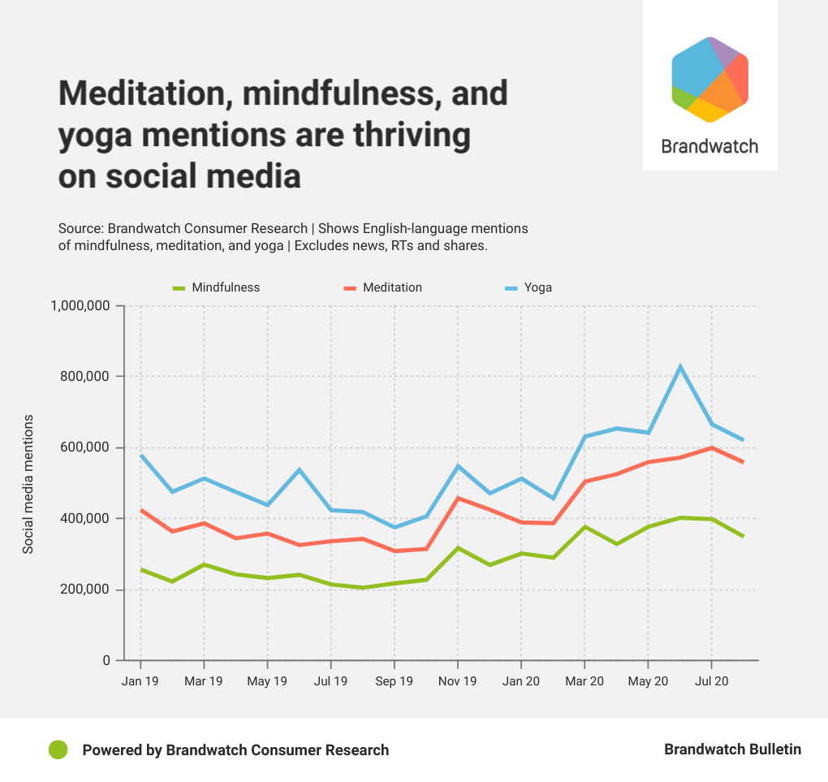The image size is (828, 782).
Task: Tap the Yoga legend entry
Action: coord(537,287)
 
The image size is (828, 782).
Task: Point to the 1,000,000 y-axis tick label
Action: coord(80,306)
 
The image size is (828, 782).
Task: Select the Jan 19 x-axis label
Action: coord(140,681)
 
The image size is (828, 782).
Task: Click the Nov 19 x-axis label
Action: coord(458,681)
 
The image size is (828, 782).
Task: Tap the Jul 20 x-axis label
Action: coord(712,681)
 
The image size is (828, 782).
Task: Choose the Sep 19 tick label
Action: coord(395,681)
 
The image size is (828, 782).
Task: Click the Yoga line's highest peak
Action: coord(680,367)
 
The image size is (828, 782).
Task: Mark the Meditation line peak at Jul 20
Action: coord(712,447)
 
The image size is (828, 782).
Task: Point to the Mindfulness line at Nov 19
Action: coord(458,548)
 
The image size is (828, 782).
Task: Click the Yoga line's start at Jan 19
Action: coord(141,456)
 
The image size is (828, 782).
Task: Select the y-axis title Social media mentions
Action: coord(28,484)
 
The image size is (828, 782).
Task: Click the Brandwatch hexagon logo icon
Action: coord(709,80)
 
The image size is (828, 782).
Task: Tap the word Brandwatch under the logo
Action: coord(709,146)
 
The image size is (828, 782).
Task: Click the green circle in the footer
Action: coord(58,750)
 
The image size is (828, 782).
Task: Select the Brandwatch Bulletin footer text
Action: coord(732,750)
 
